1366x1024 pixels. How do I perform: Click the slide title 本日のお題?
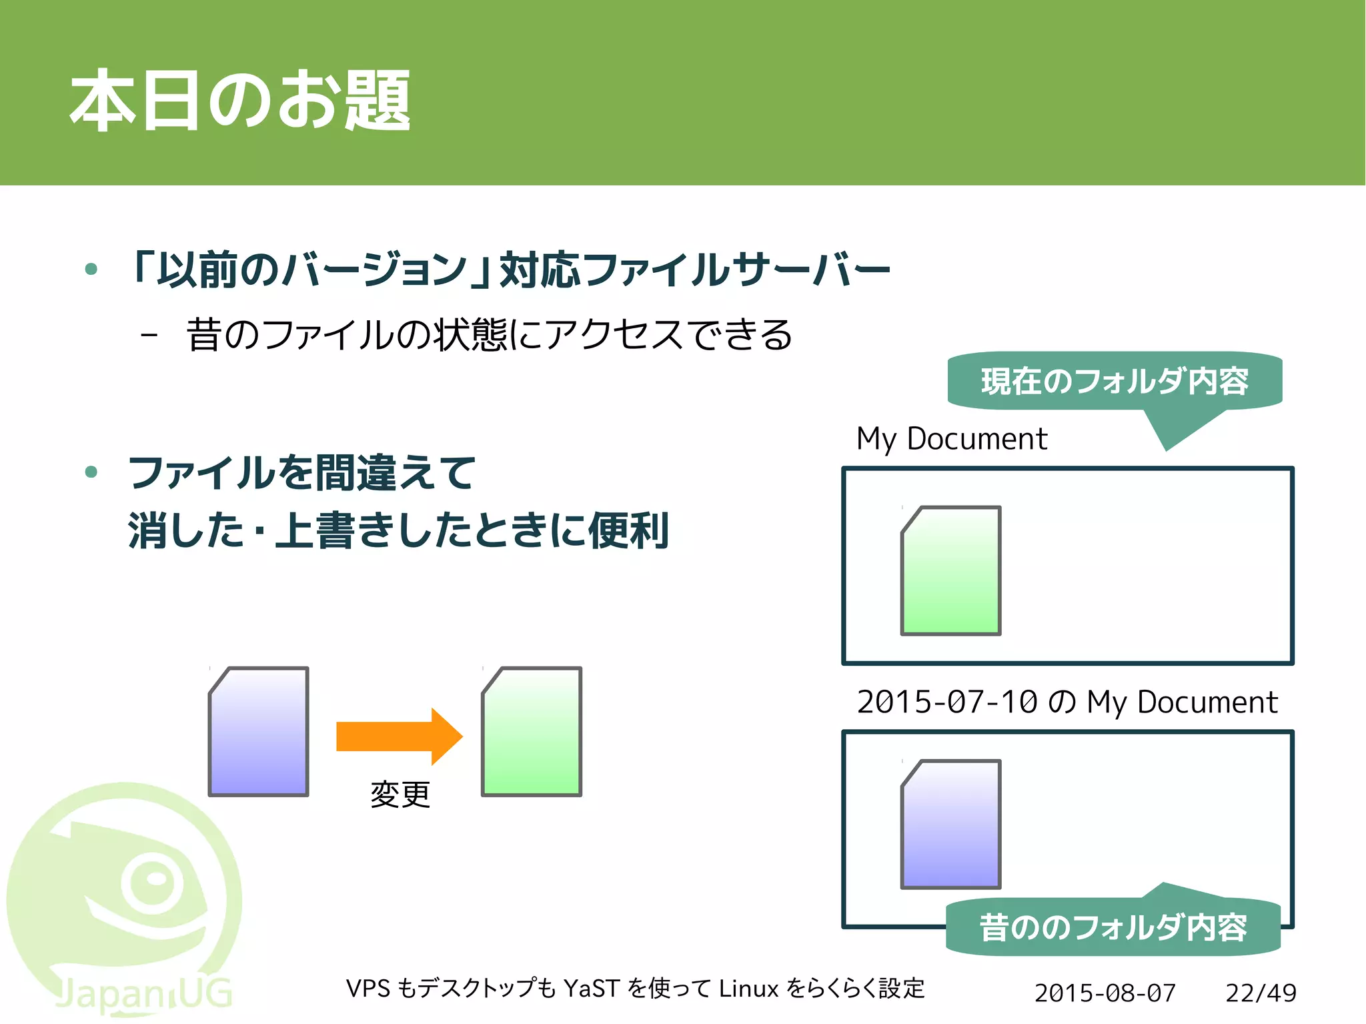240,100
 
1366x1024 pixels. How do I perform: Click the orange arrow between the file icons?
399,736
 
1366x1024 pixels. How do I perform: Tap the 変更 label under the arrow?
400,794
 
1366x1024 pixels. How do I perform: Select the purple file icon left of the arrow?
259,732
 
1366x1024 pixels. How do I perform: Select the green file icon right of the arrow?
532,732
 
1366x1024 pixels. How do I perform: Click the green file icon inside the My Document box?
951,571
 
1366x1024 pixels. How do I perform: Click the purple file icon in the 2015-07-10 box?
951,825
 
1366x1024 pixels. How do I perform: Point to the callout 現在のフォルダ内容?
1115,381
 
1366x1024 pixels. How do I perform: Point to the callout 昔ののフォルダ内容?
1113,927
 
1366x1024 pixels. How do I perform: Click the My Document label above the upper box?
952,439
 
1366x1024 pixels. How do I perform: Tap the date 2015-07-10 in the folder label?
947,702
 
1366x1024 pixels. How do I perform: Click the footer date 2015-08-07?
1105,993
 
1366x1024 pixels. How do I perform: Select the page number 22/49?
1261,993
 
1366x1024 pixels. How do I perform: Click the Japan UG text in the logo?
143,994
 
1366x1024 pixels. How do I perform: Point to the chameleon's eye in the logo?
155,881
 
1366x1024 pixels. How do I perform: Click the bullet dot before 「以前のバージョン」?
91,270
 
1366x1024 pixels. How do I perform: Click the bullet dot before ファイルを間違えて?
91,472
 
